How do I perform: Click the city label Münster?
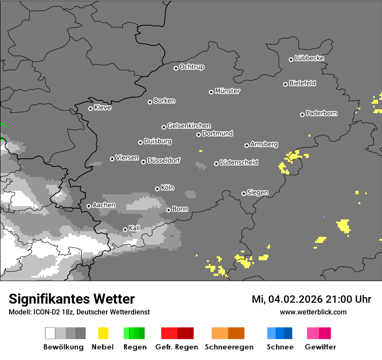(x=227, y=91)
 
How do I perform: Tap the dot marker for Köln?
(x=157, y=189)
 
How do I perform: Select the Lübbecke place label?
(x=309, y=58)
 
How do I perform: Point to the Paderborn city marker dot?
(x=302, y=115)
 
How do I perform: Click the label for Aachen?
(x=104, y=205)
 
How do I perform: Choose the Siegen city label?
(x=257, y=193)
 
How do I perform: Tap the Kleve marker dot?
(x=90, y=108)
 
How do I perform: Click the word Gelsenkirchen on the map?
(x=189, y=126)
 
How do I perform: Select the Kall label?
(x=134, y=228)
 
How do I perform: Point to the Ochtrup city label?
(x=192, y=67)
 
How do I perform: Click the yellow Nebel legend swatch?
(x=103, y=333)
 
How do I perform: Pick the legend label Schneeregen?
(x=229, y=347)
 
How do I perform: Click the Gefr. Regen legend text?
(x=177, y=347)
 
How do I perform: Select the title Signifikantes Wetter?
(x=72, y=299)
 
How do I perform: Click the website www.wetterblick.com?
(x=313, y=312)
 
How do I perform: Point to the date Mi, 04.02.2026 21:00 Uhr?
(x=311, y=299)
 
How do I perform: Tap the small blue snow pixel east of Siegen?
(x=323, y=216)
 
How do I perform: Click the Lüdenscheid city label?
(x=239, y=163)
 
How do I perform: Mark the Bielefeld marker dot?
(x=285, y=84)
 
